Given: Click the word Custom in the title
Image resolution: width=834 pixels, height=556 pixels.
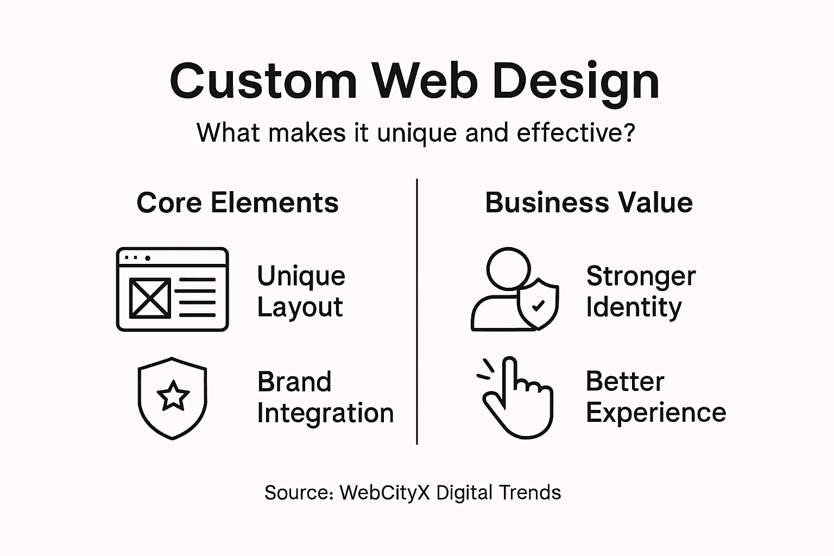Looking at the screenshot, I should point(263,81).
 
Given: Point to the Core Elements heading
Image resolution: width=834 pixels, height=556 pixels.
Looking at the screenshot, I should point(237,203).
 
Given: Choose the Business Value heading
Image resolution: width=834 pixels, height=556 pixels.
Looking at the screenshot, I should point(589,203).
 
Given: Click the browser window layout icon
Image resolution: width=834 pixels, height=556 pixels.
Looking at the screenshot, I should point(173,289).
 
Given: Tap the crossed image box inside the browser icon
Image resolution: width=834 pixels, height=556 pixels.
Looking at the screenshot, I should point(150,298).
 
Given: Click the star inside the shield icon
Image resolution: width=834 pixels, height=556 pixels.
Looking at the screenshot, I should point(173,396).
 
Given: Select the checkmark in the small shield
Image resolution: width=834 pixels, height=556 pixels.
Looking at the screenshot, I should point(538,306).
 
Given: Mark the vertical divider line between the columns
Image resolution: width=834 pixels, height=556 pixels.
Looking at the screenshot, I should point(417,312).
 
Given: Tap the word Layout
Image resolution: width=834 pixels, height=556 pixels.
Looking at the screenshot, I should point(300,307).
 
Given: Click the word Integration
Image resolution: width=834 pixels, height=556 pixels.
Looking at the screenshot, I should point(325,413).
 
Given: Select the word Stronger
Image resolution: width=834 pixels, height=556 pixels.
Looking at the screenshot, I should point(641,276).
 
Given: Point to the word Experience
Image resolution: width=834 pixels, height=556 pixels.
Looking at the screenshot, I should point(656,413).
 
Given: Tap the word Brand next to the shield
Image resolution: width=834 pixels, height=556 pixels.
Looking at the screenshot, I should point(294,382).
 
